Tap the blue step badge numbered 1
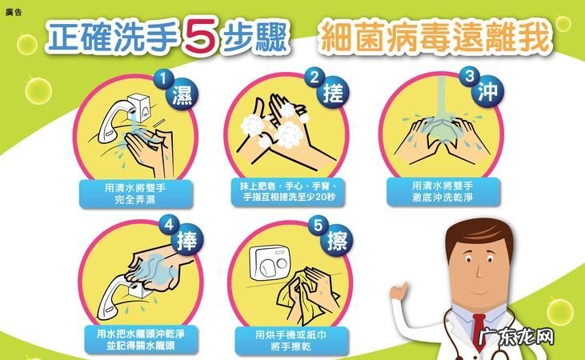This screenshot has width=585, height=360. pos(163,78)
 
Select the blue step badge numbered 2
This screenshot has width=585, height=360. pos(315,78)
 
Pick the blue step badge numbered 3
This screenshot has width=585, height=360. pos(470,77)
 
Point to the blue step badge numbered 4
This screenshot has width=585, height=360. pos(169,225)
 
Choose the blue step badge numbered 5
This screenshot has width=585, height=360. pos(318,226)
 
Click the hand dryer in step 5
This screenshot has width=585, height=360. pos(270,263)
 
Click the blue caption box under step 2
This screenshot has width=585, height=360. pos(288,192)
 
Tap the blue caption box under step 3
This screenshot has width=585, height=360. pos(443,192)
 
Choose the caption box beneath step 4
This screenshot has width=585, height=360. pos(142,339)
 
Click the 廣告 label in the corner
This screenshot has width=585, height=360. pos(14,12)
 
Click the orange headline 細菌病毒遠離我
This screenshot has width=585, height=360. pos(435,37)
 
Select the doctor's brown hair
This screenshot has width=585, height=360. pos(478,234)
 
